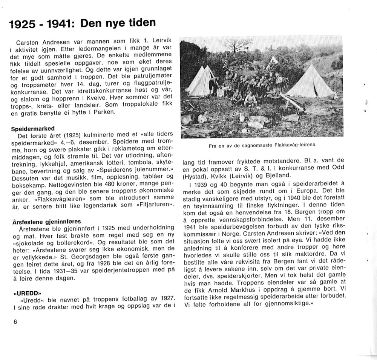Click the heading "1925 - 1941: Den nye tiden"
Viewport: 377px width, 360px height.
[83, 24]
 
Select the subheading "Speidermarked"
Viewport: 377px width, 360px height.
[33, 128]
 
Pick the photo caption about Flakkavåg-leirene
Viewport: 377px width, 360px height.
[262, 145]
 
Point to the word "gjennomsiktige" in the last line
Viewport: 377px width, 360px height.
[287, 304]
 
